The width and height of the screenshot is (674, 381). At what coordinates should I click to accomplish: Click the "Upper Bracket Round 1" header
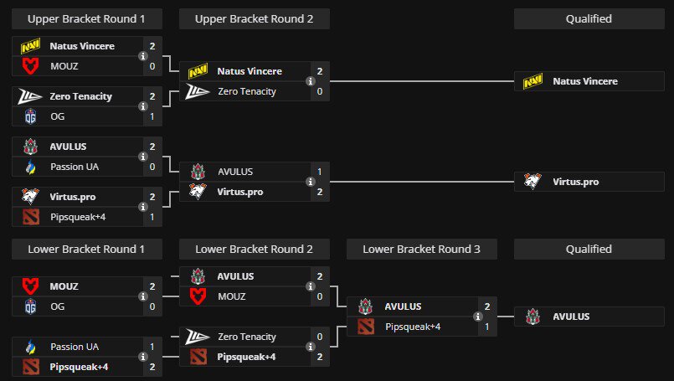[x=87, y=18]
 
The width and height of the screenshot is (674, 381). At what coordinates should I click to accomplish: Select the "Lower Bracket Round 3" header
[x=422, y=249]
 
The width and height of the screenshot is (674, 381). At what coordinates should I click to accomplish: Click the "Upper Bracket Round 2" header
[x=255, y=18]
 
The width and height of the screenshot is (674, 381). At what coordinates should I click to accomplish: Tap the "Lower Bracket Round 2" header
[x=255, y=249]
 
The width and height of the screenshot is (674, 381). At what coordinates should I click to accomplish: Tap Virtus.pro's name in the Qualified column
[x=575, y=181]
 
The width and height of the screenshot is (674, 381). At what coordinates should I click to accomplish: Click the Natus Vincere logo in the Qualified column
[x=533, y=81]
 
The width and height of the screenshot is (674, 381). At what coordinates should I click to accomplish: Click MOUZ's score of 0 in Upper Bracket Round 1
[x=152, y=65]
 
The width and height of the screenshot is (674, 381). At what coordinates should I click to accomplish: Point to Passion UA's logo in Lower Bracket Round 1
[x=30, y=346]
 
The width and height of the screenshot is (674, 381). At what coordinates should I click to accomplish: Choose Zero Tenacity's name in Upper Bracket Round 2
[x=246, y=91]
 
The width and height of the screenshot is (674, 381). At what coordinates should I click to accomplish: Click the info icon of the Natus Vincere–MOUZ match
[x=142, y=56]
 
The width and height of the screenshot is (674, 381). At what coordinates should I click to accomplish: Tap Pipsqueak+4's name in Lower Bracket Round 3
[x=413, y=326]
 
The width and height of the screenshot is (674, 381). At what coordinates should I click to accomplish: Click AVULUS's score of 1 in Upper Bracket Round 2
[x=319, y=171]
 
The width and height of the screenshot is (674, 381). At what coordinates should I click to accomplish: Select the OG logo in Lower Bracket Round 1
[x=30, y=306]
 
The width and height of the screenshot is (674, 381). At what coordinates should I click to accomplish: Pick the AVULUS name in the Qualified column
[x=571, y=317]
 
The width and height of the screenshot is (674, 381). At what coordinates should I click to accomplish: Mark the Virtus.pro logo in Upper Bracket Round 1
[x=30, y=197]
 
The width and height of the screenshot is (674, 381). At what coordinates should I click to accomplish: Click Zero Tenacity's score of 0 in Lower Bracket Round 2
[x=319, y=337]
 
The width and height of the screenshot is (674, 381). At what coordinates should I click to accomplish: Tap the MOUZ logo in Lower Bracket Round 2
[x=198, y=296]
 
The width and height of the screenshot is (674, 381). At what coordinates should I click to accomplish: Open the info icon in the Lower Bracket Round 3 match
[x=477, y=317]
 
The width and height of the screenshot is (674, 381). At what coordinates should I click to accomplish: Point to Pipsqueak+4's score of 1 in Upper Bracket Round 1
[x=152, y=217]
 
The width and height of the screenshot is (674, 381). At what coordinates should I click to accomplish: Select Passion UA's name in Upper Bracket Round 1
[x=74, y=167]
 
